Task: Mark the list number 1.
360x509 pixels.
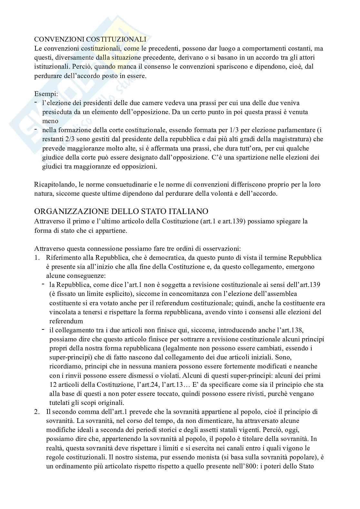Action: [36, 258]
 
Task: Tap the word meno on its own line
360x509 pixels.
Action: [50, 121]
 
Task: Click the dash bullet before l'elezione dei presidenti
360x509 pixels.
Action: [36, 102]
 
